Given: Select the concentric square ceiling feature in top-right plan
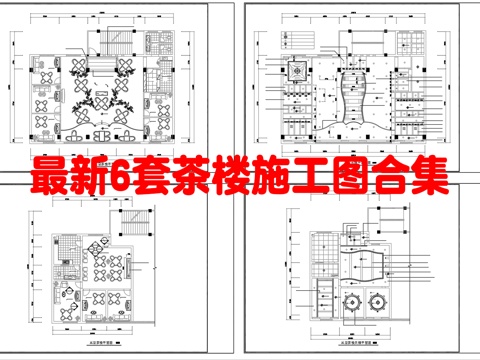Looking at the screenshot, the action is tap(298, 69).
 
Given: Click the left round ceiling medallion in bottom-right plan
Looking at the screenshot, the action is tap(349, 299).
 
